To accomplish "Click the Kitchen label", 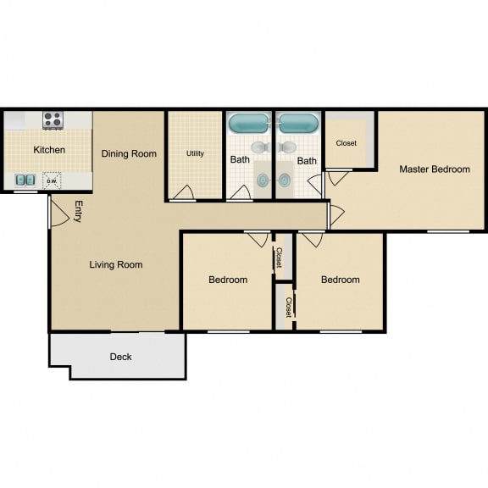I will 49,150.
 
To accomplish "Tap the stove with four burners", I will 53,119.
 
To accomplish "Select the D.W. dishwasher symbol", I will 52,180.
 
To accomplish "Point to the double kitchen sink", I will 25,180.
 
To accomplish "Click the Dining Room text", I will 129,153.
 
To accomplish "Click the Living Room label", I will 116,264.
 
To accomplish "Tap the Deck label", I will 120,357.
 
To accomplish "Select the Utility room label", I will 195,154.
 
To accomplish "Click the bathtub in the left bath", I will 249,123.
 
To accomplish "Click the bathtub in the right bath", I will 298,123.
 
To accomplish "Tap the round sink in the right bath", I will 286,180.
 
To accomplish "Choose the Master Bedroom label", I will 434,169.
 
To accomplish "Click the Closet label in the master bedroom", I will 346,143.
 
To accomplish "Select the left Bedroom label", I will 228,280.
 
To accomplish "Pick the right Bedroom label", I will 340,280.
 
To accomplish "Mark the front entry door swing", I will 59,213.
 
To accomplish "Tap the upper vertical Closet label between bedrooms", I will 279,258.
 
